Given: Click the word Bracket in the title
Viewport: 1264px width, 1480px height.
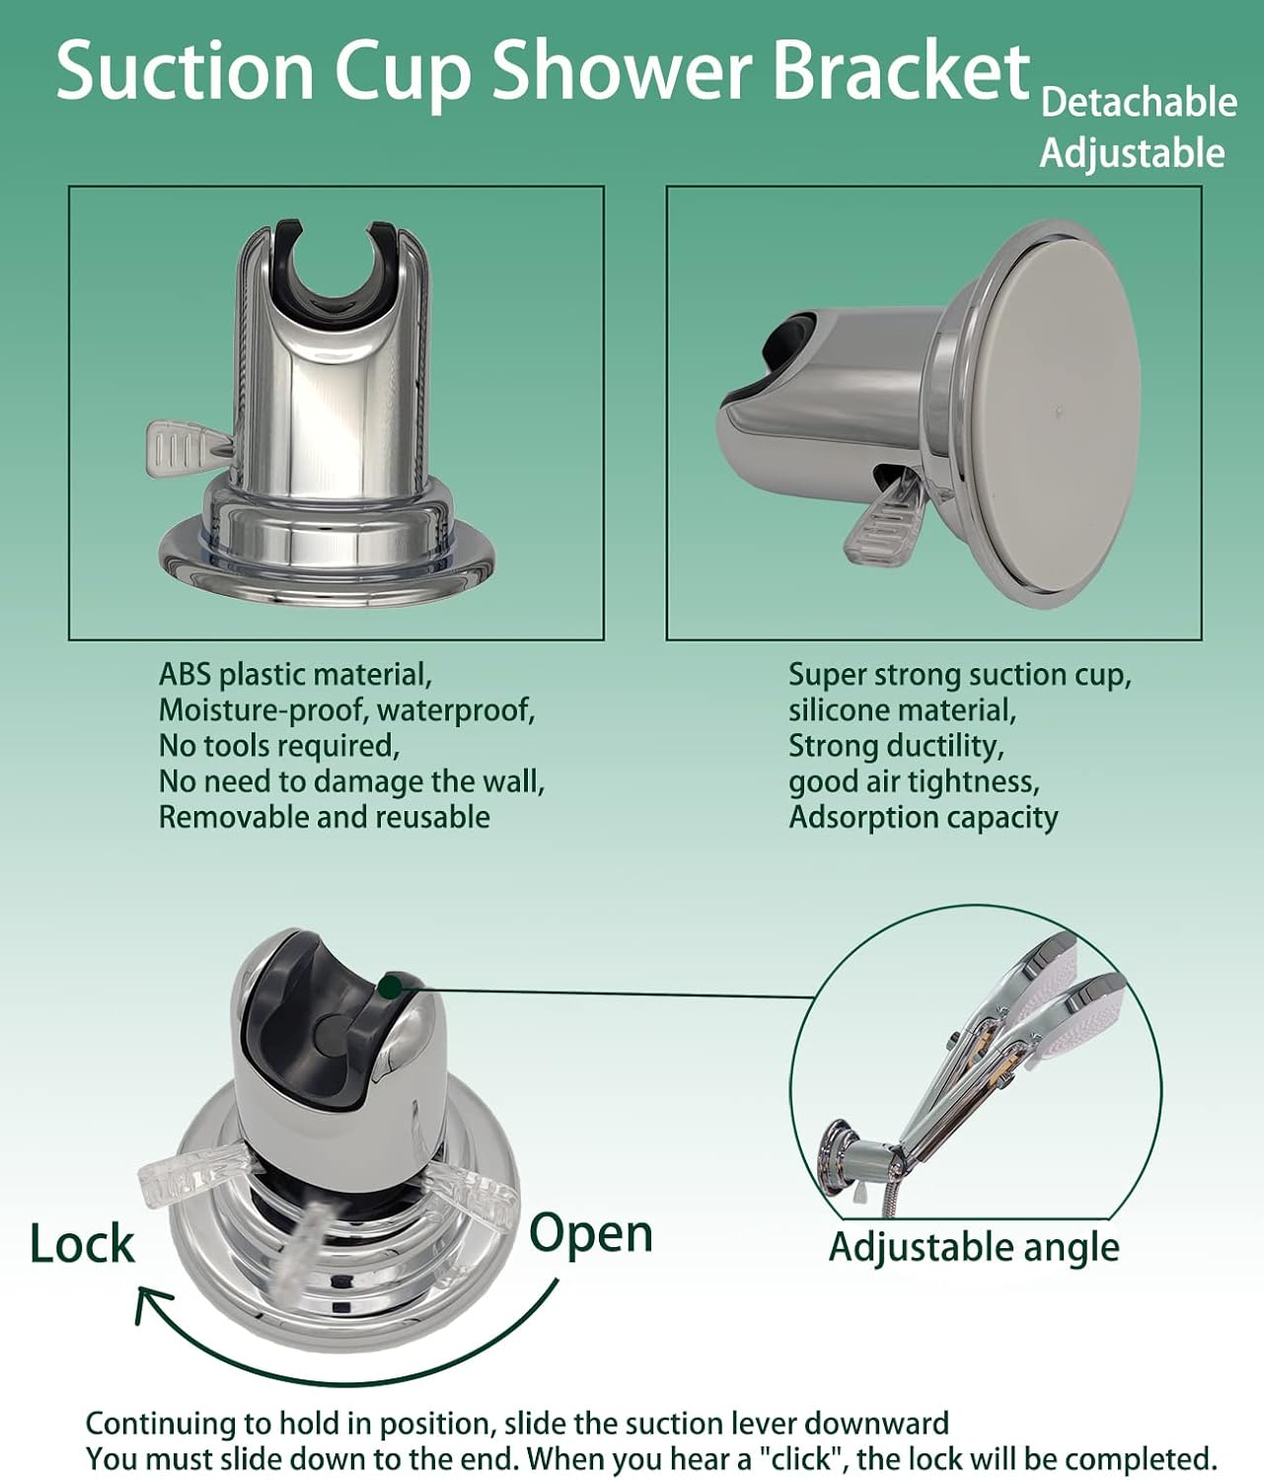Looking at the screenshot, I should (x=900, y=71).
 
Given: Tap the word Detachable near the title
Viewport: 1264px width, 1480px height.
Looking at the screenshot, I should (x=1139, y=103).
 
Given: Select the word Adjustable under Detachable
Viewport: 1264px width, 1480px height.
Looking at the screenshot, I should (x=1132, y=154).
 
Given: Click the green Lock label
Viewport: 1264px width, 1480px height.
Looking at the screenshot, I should (x=82, y=1243).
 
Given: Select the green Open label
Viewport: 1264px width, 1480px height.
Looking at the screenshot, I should (x=591, y=1233).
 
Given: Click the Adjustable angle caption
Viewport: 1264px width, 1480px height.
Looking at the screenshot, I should (x=974, y=1247).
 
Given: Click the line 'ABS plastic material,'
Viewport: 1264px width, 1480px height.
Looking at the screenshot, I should (x=295, y=675).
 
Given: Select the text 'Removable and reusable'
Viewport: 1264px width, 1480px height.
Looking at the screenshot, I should (x=324, y=817).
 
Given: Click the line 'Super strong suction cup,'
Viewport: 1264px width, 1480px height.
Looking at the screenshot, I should (x=959, y=675).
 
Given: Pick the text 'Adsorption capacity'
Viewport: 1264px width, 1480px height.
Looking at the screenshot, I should (x=923, y=817).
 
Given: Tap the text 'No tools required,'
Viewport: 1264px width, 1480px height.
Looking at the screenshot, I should (x=278, y=746).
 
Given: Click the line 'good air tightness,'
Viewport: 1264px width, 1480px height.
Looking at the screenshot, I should (x=914, y=781).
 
